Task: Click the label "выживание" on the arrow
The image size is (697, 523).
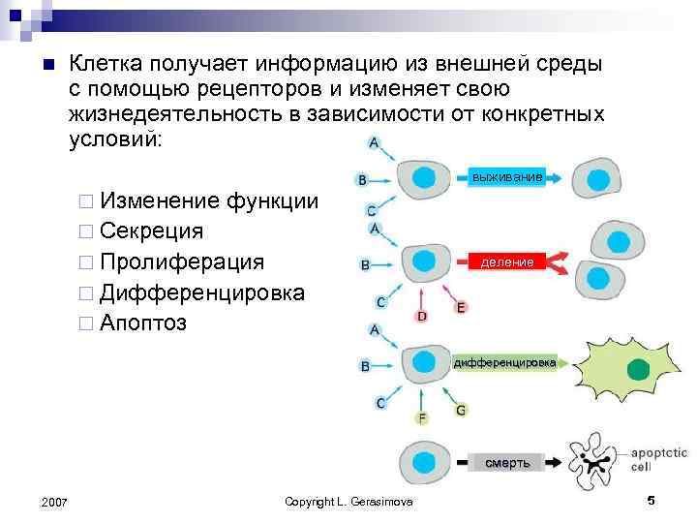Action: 506,175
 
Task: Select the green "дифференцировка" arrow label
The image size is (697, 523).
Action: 504,362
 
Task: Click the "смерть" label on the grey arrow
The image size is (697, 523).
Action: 507,462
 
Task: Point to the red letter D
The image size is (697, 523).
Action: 422,316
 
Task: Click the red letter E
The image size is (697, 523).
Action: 461,308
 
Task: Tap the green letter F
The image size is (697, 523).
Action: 421,418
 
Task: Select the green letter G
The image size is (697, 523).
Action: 461,410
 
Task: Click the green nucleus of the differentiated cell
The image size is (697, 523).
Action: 638,369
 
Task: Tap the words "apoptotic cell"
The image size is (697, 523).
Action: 658,459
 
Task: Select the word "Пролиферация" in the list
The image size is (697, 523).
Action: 181,261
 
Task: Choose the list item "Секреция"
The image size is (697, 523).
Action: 151,231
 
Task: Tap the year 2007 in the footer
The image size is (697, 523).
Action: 55,501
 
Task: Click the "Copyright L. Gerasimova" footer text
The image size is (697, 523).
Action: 348,501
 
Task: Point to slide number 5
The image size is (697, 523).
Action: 651,500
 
